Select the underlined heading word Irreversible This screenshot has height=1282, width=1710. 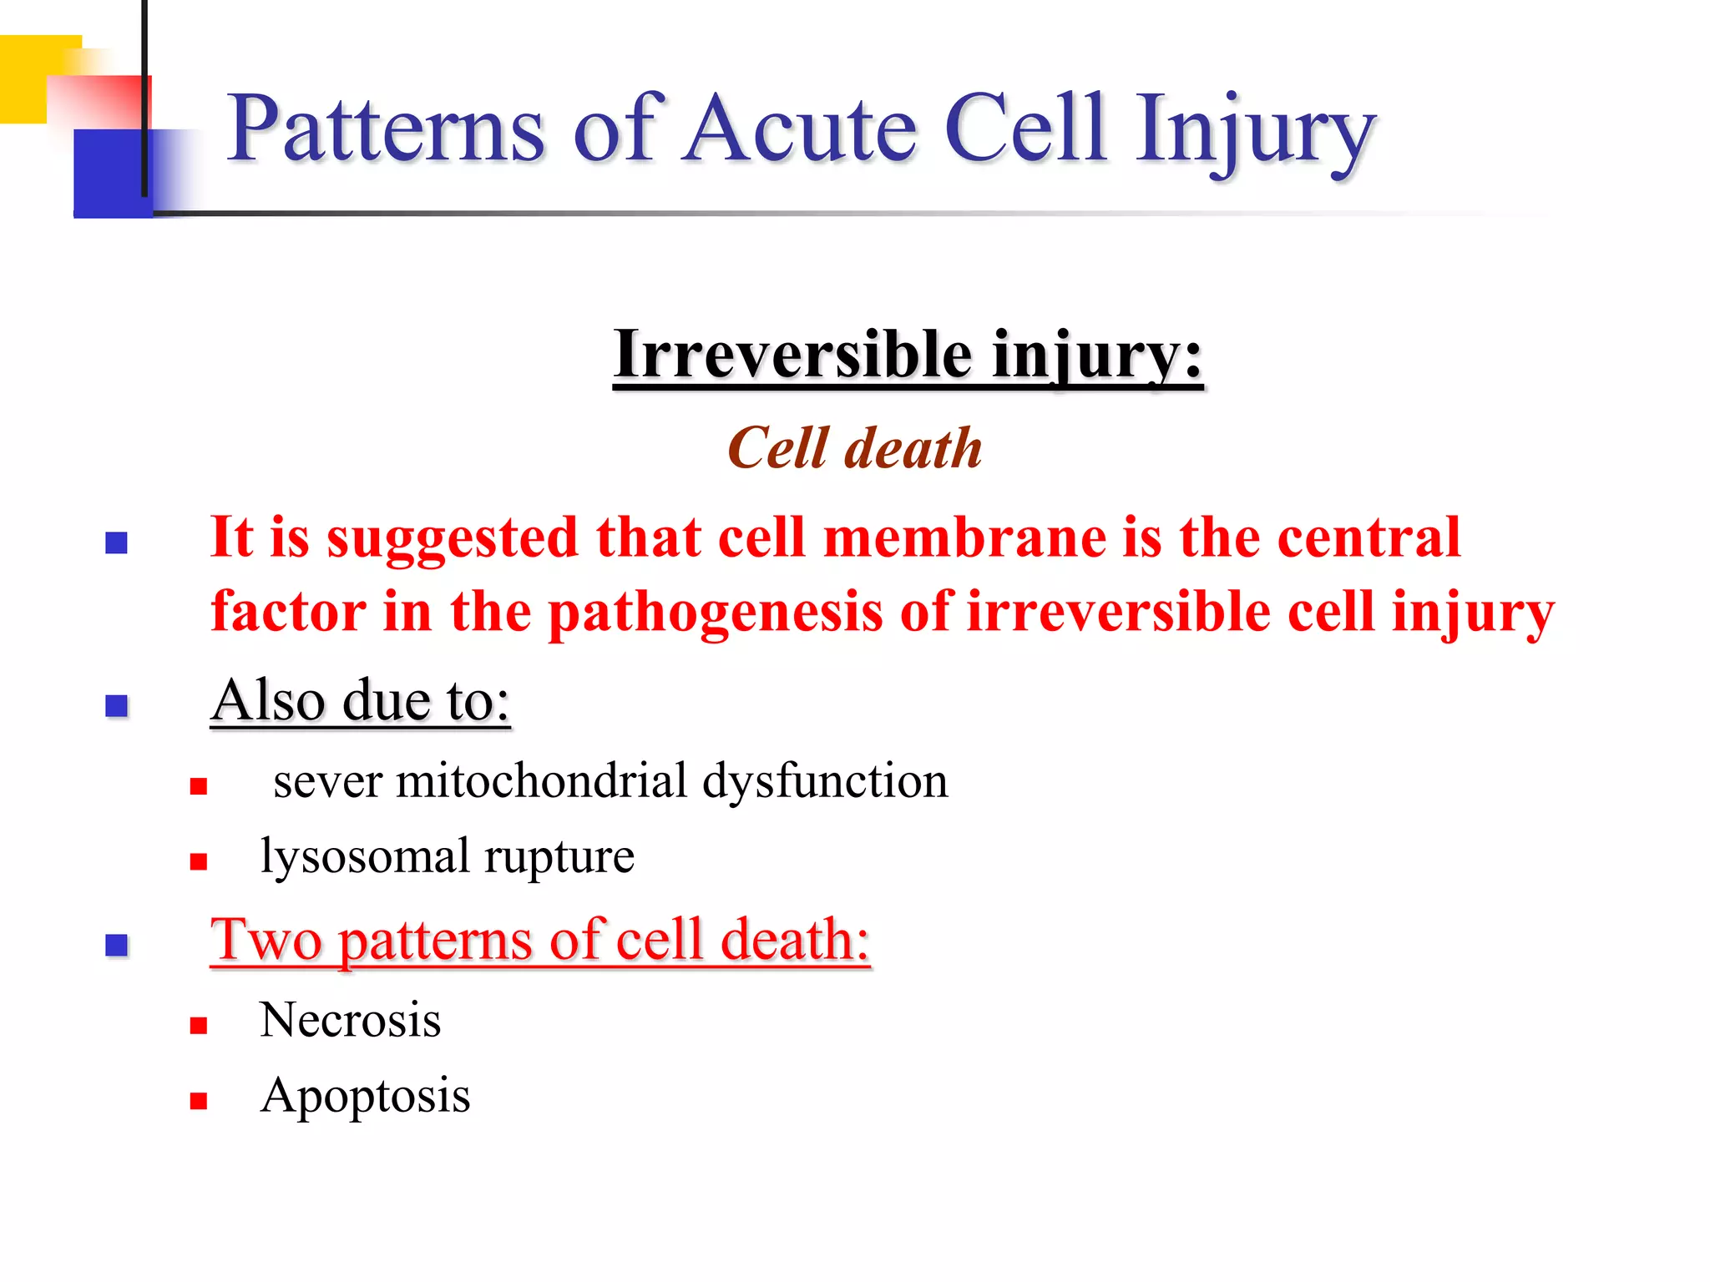(792, 355)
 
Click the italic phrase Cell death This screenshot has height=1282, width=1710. (854, 449)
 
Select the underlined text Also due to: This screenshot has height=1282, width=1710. (360, 700)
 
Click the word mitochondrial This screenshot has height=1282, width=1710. (541, 781)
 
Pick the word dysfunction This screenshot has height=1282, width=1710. (824, 781)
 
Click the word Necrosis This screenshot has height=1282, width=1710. (350, 1020)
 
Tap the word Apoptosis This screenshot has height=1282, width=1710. (365, 1097)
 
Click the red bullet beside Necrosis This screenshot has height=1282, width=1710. (198, 1026)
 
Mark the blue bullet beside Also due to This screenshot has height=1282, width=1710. (116, 706)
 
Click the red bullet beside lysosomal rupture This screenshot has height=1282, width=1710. (198, 861)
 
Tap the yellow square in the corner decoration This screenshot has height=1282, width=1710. (25, 79)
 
